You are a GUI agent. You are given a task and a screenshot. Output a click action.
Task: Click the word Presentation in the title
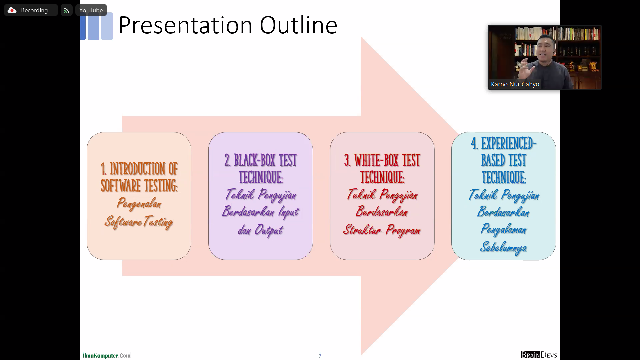(x=185, y=25)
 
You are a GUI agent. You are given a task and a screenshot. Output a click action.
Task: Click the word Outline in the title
(x=299, y=25)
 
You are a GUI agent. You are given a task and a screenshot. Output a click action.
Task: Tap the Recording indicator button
(x=31, y=10)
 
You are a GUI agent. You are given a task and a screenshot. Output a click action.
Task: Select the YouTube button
(x=91, y=10)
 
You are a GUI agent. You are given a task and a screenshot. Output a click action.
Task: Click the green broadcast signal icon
(x=66, y=10)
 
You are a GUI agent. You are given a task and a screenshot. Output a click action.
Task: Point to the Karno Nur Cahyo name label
(x=515, y=84)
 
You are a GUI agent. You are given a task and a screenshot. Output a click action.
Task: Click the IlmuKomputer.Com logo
(x=107, y=356)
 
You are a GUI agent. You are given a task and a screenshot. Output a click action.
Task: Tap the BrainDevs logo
(x=539, y=355)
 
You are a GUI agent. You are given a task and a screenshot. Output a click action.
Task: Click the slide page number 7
(x=320, y=356)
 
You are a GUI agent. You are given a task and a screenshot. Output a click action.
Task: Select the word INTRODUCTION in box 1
(x=137, y=169)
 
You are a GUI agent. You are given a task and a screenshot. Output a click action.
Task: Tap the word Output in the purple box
(x=269, y=230)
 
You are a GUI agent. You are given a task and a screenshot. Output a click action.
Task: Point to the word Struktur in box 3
(x=362, y=230)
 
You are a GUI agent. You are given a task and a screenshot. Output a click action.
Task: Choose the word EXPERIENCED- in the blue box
(x=509, y=143)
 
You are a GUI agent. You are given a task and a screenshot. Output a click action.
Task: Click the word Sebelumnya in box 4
(x=503, y=248)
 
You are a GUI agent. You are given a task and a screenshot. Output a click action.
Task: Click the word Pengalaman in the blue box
(x=504, y=229)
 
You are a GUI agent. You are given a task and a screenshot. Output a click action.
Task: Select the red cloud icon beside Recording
(x=12, y=10)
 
